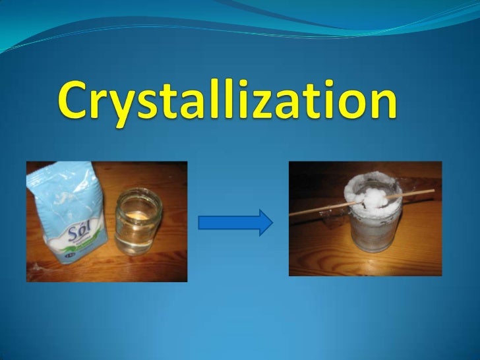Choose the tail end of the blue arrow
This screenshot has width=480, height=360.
click(202, 222)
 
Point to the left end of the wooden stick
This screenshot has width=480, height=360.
click(292, 214)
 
